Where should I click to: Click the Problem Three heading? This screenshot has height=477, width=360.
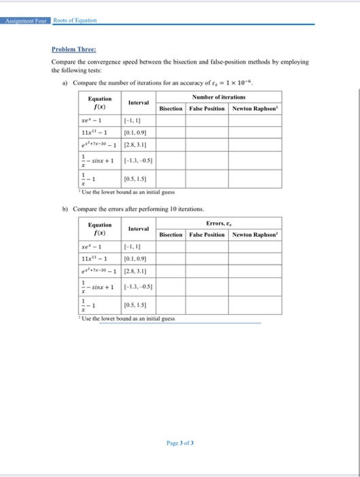[x=74, y=49]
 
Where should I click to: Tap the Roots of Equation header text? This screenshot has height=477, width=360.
[x=75, y=20]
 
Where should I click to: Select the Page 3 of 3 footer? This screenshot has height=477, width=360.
[x=180, y=442]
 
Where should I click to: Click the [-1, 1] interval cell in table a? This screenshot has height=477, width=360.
[x=132, y=119]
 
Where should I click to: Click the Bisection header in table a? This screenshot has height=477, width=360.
[x=171, y=108]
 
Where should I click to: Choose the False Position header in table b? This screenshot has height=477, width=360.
[x=207, y=234]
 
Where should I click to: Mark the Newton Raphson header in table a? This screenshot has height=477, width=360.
[x=256, y=108]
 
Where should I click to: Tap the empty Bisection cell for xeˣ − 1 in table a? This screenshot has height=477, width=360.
[x=171, y=119]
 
